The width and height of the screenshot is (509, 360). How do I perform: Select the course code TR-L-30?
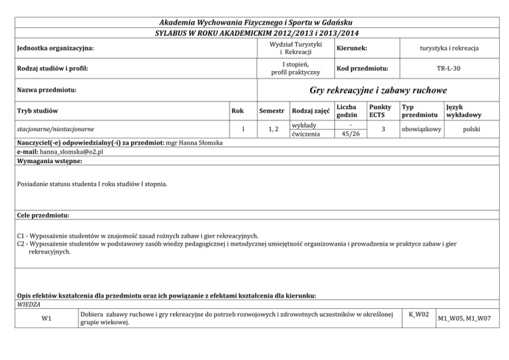pyautogui.click(x=450, y=68)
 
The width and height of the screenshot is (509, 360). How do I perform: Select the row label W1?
pyautogui.click(x=47, y=318)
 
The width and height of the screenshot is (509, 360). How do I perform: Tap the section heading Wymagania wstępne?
pyautogui.click(x=50, y=161)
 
